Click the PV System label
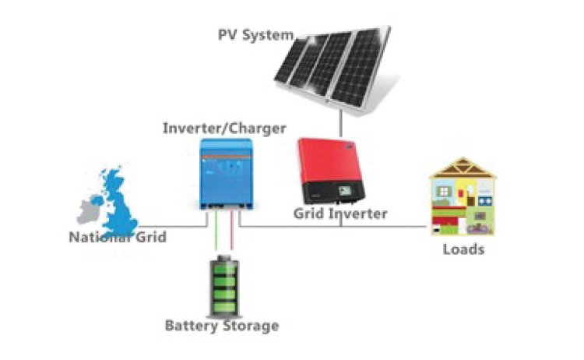point(256,35)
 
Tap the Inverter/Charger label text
point(224,129)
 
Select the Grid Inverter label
point(340,214)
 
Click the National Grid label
point(118,238)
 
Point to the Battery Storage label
point(222,326)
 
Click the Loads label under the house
point(464,249)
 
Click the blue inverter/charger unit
point(226,174)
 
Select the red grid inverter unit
point(331,171)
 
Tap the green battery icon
point(223,286)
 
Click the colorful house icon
point(463,196)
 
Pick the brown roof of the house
point(463,168)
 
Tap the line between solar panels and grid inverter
point(340,123)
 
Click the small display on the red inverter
point(344,191)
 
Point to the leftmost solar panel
point(292,60)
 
